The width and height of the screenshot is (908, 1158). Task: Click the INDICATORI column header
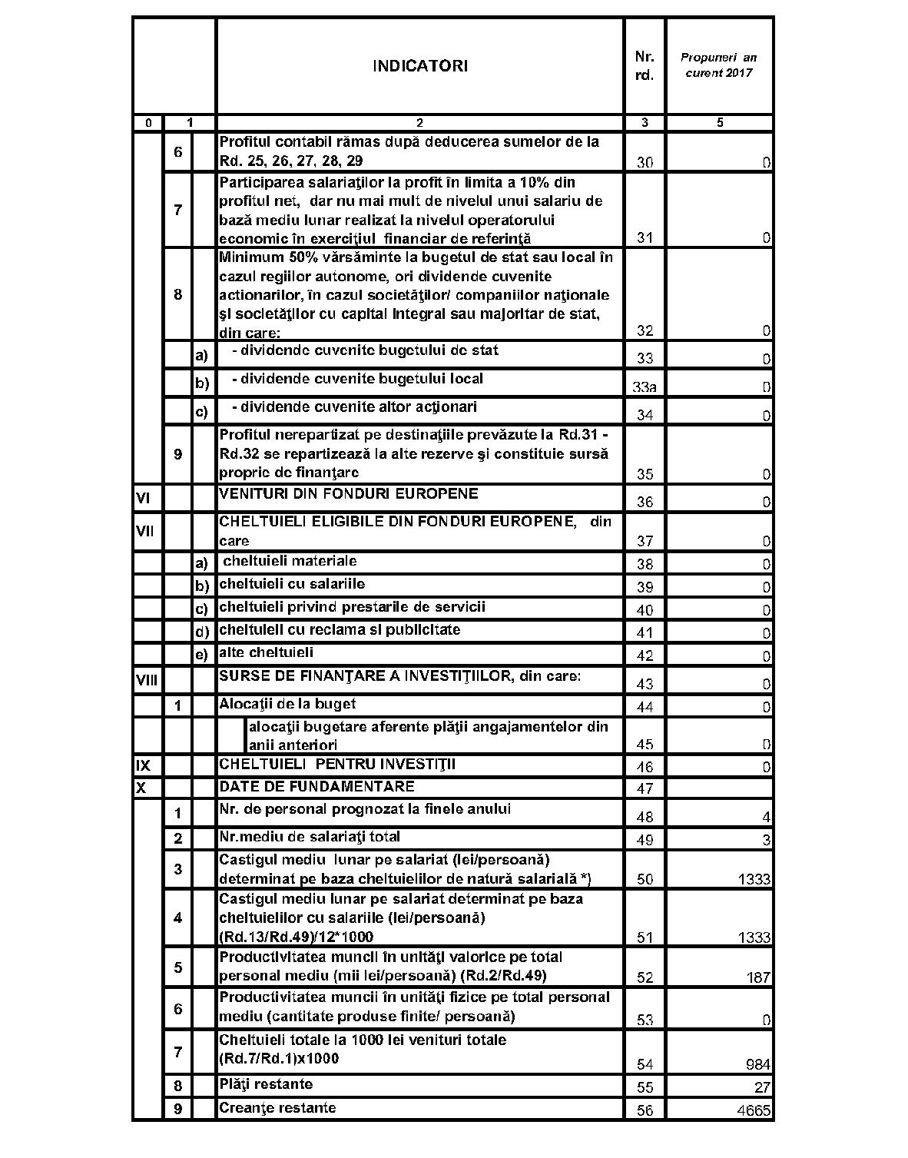[x=419, y=66]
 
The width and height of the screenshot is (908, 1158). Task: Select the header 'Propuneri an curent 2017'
[x=719, y=65]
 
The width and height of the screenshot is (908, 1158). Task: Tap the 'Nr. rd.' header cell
[x=644, y=66]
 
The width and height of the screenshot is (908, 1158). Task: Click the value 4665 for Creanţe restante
[x=754, y=1110]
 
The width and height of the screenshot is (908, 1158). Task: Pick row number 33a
[x=644, y=388]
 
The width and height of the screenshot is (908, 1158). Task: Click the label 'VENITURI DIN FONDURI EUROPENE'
[x=349, y=493]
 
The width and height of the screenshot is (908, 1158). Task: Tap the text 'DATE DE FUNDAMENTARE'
[x=316, y=786]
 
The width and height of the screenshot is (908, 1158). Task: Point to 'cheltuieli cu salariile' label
[x=292, y=584]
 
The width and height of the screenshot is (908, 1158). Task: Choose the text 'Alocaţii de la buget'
[x=287, y=704]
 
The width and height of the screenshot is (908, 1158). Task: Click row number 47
[x=645, y=789]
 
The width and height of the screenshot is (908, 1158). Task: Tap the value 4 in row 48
[x=766, y=818]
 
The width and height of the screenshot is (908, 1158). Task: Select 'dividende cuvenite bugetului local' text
[x=357, y=379]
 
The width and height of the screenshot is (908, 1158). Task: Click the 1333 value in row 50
[x=754, y=879]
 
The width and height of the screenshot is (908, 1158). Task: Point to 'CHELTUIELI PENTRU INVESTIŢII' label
[x=337, y=765]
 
